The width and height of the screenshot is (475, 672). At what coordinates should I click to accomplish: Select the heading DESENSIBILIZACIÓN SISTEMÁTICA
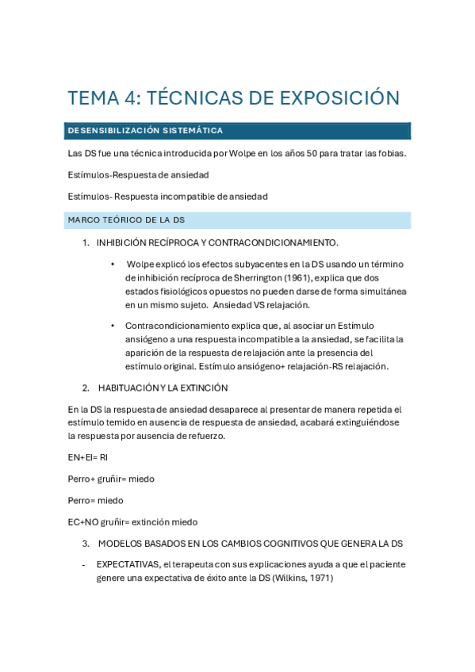tap(145, 131)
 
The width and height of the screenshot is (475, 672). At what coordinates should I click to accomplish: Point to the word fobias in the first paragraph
tap(391, 153)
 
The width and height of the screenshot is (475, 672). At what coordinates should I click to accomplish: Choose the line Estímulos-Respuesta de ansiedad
tap(139, 174)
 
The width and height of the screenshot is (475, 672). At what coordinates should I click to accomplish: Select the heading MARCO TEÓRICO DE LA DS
tap(126, 220)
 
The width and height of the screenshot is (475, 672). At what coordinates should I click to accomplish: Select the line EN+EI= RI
tap(88, 457)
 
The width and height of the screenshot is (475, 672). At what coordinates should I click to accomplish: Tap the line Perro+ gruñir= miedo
tap(112, 479)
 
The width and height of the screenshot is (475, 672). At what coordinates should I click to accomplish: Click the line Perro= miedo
tap(96, 500)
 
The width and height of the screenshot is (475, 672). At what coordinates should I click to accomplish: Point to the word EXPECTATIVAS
tap(127, 565)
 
